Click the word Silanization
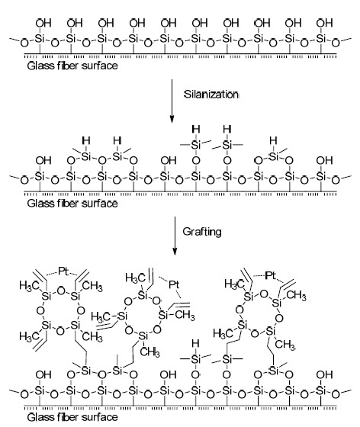pyautogui.click(x=211, y=95)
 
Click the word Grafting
pyautogui.click(x=202, y=232)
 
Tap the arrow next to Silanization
pyautogui.click(x=172, y=101)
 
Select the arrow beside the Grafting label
pyautogui.click(x=175, y=236)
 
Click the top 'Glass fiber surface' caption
pyautogui.click(x=72, y=66)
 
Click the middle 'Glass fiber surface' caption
pyautogui.click(x=72, y=204)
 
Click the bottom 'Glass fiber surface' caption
pyautogui.click(x=72, y=417)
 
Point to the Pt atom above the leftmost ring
pyautogui.click(x=63, y=271)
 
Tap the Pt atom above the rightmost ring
pyautogui.click(x=270, y=275)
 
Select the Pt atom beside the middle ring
pyautogui.click(x=174, y=284)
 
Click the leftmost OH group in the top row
pyautogui.click(x=43, y=23)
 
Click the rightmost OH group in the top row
pyautogui.click(x=325, y=23)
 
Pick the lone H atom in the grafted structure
pyautogui.click(x=195, y=343)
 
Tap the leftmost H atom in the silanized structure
pyautogui.click(x=86, y=141)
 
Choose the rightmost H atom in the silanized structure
pyautogui.click(x=273, y=141)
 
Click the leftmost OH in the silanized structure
pyautogui.click(x=43, y=161)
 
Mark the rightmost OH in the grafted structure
pyautogui.click(x=325, y=375)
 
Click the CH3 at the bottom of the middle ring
pyautogui.click(x=149, y=352)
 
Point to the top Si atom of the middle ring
pyautogui.click(x=143, y=295)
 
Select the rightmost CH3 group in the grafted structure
pyautogui.click(x=296, y=295)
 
